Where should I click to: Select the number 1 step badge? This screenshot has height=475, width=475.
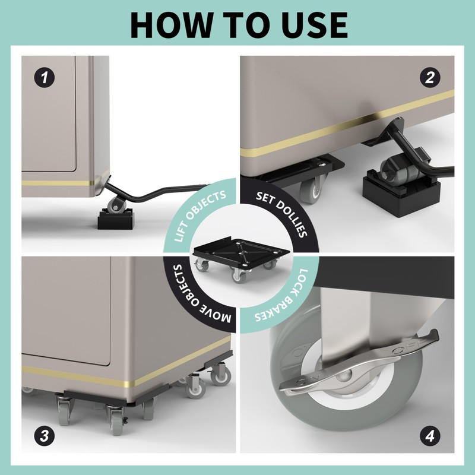45,78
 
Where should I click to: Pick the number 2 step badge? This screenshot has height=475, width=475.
430,78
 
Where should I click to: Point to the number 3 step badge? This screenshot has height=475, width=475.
45,436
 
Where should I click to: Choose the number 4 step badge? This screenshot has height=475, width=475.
430,436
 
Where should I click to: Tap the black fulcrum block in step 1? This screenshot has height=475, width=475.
115,220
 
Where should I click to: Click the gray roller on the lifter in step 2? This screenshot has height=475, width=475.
394,170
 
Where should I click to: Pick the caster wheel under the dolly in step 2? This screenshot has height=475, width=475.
311,190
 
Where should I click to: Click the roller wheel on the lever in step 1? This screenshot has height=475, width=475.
116,206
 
